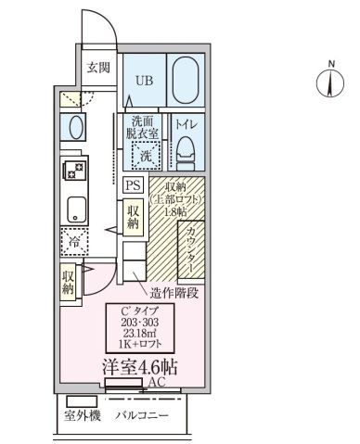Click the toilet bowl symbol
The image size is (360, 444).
184,148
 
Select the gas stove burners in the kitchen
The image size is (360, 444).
72,170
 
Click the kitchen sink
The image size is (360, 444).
73,209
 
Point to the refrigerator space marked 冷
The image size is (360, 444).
72,241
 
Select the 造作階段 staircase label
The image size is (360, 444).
174,290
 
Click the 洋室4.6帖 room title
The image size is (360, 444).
139,364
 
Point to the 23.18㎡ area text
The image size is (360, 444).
140,332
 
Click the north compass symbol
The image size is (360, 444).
330,84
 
